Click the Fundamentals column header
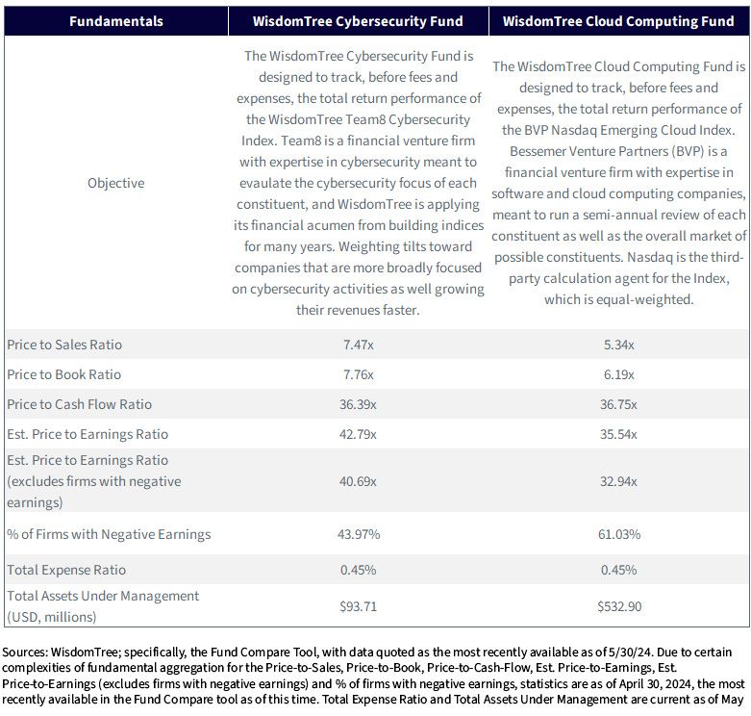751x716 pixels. point(116,21)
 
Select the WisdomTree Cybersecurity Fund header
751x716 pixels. point(358,21)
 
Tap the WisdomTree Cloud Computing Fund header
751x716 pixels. point(618,21)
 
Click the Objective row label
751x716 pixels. point(116,183)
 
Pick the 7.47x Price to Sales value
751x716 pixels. point(359,345)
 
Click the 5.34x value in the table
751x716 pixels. point(619,345)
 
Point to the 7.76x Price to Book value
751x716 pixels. point(359,374)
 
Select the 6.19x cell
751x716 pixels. point(619,374)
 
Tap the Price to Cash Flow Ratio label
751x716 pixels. point(79,404)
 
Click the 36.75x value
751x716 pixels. point(619,404)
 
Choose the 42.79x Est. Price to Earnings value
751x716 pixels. point(359,434)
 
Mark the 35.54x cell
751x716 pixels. point(619,434)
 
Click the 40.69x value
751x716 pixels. point(359,480)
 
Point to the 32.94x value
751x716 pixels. point(619,480)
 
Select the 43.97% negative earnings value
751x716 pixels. point(359,534)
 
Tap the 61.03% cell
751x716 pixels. point(619,534)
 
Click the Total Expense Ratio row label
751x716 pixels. point(66,570)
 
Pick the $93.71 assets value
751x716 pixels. point(359,606)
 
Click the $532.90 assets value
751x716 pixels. point(619,606)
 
